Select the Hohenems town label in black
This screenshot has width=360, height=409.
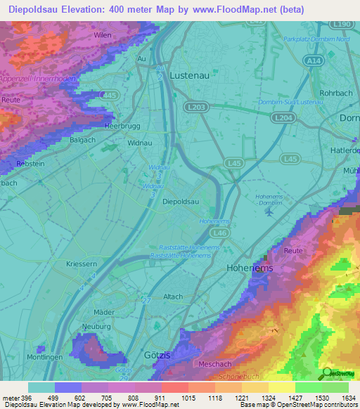point(249,268)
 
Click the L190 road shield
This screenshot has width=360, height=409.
point(342,24)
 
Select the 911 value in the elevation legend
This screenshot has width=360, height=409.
point(158,398)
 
